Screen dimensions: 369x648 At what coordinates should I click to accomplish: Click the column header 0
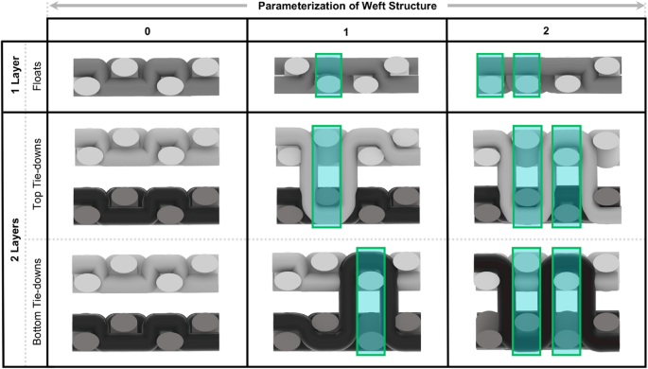(x=147, y=32)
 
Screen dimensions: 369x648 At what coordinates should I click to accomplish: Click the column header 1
(x=347, y=32)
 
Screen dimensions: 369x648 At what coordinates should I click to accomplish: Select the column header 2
(x=547, y=32)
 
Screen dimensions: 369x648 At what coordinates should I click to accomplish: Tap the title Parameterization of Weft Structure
(x=348, y=8)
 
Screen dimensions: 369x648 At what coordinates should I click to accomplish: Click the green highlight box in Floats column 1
(x=328, y=75)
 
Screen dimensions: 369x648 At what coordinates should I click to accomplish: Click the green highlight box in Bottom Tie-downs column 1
(x=371, y=301)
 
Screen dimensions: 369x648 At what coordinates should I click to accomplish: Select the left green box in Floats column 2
(x=490, y=75)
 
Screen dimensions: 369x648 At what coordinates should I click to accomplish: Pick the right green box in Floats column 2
(x=526, y=75)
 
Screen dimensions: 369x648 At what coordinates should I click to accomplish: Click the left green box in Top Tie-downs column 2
(x=527, y=176)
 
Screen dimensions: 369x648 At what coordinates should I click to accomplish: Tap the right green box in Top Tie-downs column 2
(x=568, y=176)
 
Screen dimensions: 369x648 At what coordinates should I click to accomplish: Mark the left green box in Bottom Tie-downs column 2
(x=526, y=301)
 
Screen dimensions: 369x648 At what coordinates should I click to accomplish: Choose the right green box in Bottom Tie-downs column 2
(x=567, y=301)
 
